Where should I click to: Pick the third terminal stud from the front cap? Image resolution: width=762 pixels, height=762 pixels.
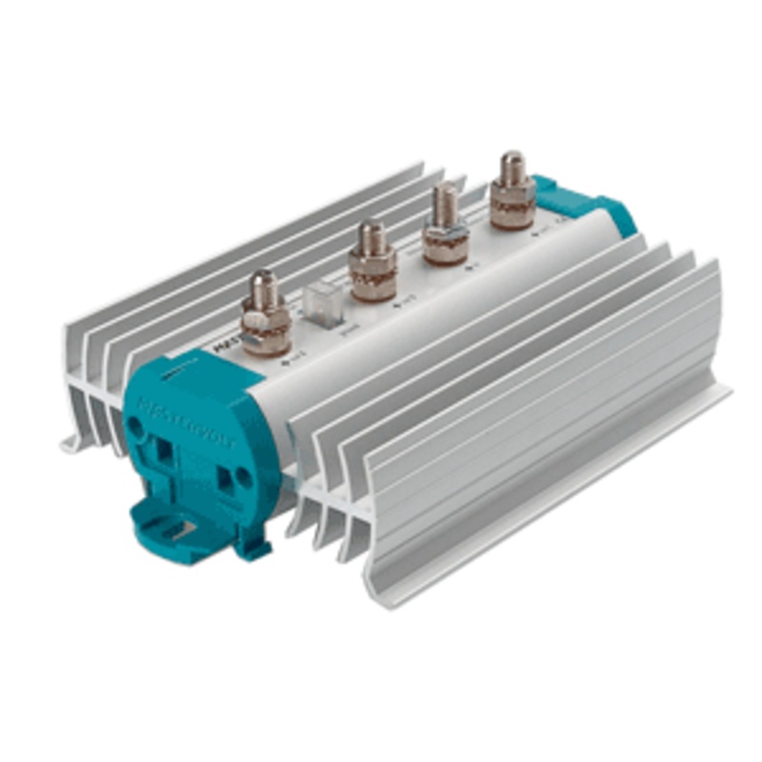(x=445, y=227)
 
